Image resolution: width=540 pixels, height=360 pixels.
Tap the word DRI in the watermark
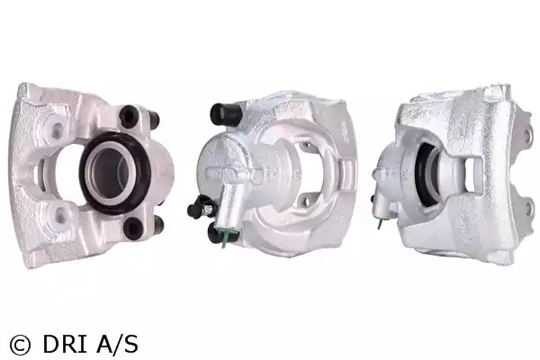pyautogui.click(x=64, y=344)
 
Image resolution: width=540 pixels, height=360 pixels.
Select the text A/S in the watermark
pyautogui.click(x=117, y=344)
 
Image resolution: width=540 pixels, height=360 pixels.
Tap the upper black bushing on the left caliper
pyautogui.click(x=129, y=115)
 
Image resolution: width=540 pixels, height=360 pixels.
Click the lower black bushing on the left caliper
pyautogui.click(x=133, y=228)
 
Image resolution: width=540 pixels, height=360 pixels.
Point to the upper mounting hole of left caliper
pyautogui.click(x=56, y=130)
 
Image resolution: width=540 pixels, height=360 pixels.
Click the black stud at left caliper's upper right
pyautogui.click(x=155, y=119)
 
